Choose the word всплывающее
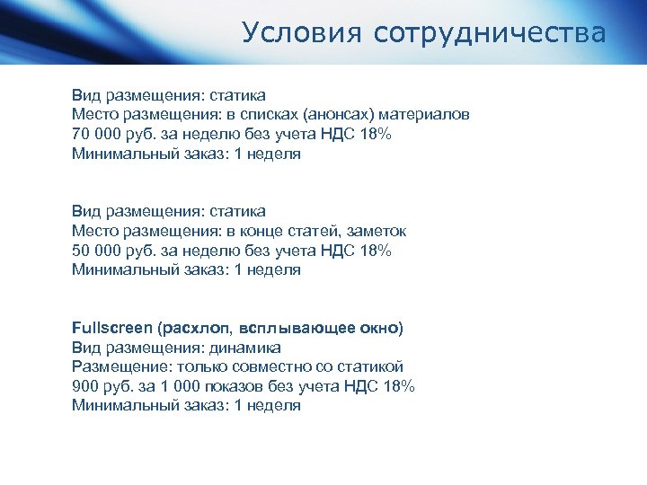[291, 328]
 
